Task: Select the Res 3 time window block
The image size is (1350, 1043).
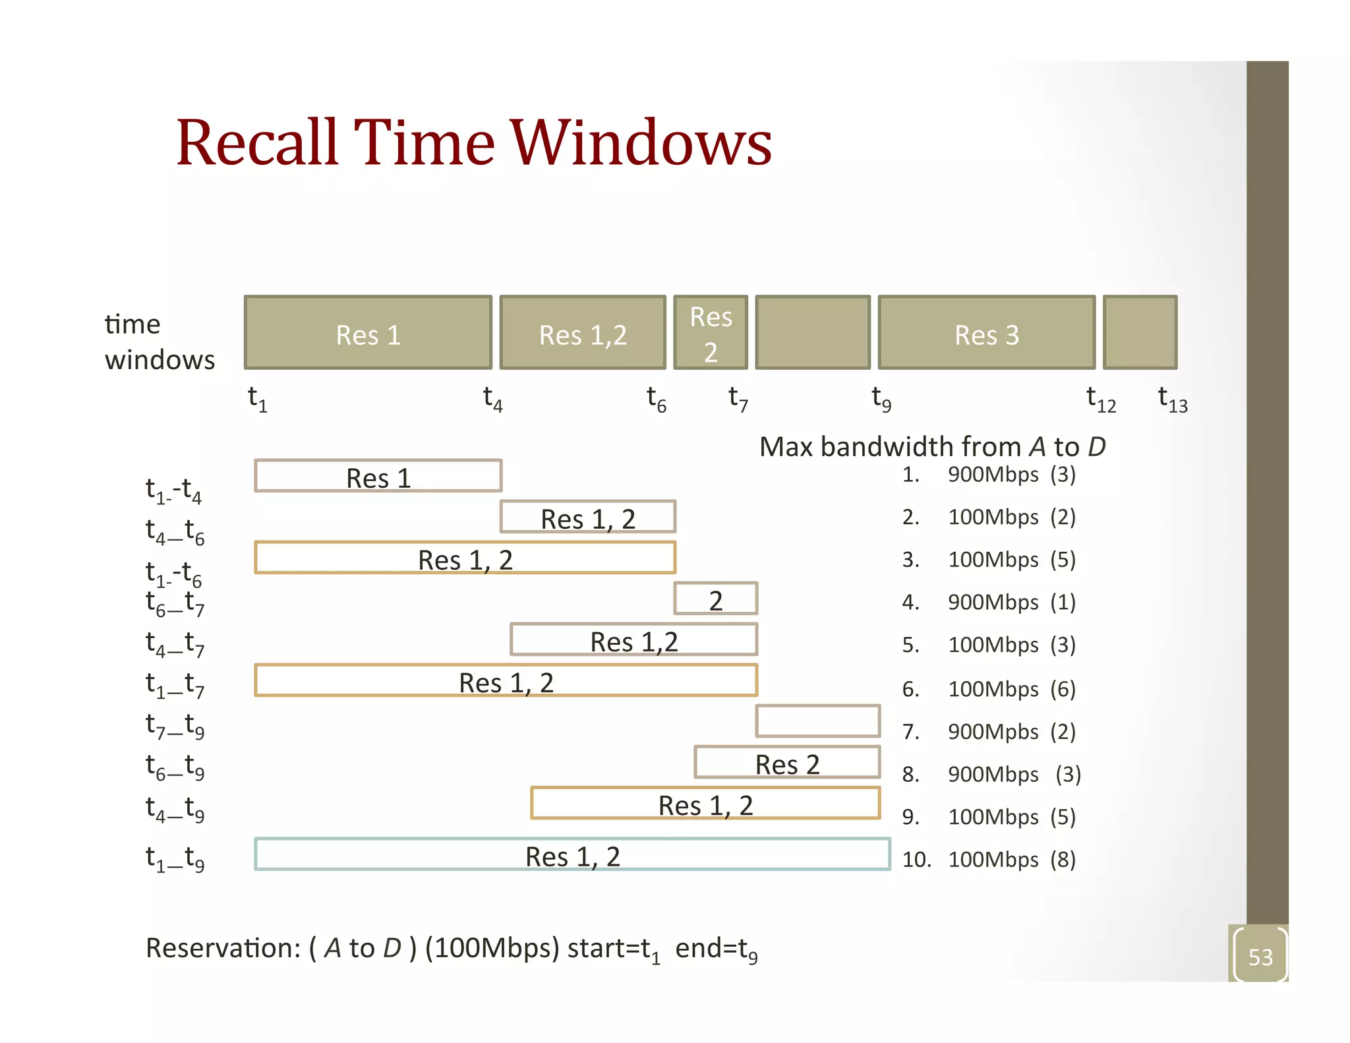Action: pos(986,334)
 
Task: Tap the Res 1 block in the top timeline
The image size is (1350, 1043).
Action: pos(368,334)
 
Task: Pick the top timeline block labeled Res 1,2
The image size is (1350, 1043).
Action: pos(583,334)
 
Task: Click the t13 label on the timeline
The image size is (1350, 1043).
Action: pos(1172,400)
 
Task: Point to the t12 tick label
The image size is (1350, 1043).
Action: pos(1101,400)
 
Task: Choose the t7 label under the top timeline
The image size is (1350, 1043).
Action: pos(738,400)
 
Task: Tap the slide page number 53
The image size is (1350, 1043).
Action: pos(1260,957)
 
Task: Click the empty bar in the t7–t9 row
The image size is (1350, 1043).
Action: pos(817,721)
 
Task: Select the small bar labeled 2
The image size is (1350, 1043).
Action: pos(716,599)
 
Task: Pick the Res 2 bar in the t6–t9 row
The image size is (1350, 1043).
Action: pos(787,763)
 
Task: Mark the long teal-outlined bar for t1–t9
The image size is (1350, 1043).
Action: pos(572,854)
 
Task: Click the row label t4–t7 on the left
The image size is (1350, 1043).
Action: pos(175,643)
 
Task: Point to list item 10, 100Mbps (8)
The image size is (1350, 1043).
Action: pos(989,860)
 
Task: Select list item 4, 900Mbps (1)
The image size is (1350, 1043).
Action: pos(989,602)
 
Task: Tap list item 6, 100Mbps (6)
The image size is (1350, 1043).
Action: pos(989,689)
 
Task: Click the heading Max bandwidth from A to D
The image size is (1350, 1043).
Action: pos(932,447)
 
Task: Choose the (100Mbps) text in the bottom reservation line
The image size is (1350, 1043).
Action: pos(492,948)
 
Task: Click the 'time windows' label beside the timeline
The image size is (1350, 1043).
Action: pos(160,342)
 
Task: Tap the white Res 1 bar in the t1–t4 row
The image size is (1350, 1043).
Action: pos(378,476)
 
